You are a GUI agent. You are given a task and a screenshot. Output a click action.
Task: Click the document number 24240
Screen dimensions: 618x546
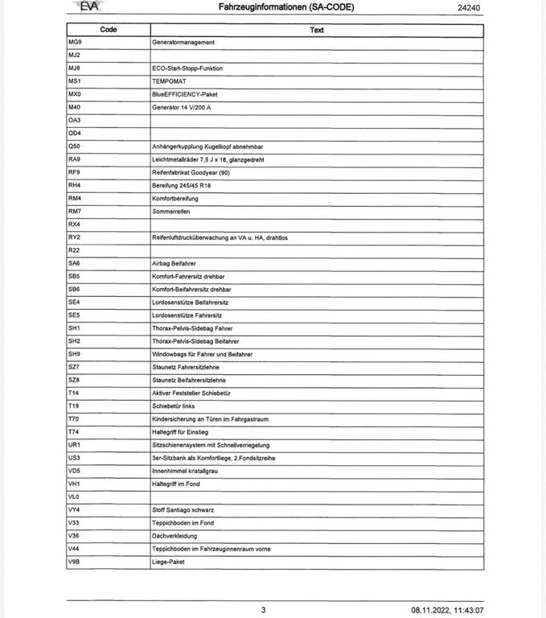tap(469, 7)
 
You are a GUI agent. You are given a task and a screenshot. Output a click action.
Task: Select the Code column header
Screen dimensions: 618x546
tap(108, 30)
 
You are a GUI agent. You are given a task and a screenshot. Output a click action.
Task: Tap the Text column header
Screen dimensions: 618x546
tap(317, 30)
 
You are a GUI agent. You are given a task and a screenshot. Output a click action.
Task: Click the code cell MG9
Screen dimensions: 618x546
tap(75, 42)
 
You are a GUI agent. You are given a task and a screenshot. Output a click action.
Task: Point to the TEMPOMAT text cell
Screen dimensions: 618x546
tap(169, 81)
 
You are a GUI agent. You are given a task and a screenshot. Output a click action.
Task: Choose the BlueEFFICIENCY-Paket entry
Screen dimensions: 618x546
tap(185, 94)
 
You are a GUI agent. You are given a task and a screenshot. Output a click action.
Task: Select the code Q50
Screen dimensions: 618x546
tap(75, 146)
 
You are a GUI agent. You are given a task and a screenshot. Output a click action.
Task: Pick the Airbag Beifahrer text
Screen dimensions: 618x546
tap(174, 263)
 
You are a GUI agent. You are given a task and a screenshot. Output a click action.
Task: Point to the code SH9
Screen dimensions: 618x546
tap(75, 354)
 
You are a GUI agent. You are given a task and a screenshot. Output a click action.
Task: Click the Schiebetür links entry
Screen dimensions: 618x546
tap(174, 406)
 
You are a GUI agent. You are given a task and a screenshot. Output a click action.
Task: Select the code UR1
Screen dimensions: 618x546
tap(75, 445)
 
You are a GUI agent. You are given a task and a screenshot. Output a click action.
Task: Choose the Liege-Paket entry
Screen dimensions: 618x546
tap(168, 562)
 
